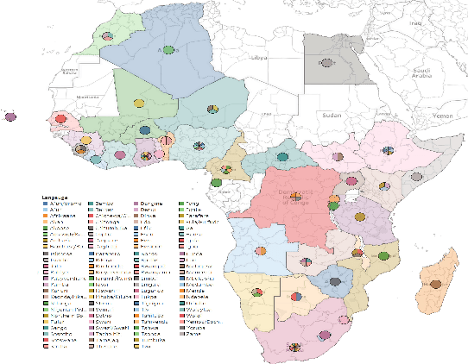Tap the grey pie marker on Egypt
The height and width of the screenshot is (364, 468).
click(x=326, y=63)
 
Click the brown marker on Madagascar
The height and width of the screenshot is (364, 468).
click(x=436, y=284)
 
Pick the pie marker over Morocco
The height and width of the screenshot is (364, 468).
click(x=107, y=36)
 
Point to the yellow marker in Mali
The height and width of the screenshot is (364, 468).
click(x=138, y=104)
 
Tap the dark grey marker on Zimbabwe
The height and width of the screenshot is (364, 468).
click(x=330, y=278)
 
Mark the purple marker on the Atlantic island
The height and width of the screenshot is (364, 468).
click(x=9, y=116)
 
